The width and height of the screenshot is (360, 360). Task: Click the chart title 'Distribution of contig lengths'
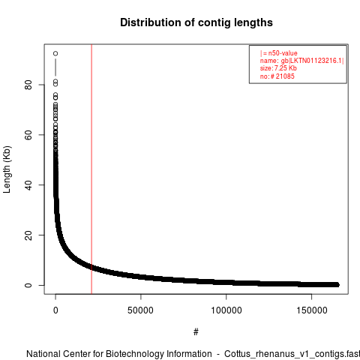[x=196, y=22]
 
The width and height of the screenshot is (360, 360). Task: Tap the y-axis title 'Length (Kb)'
[x=7, y=169]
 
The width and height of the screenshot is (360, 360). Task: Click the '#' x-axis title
[x=196, y=332]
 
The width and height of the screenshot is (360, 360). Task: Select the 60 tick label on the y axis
[x=28, y=135]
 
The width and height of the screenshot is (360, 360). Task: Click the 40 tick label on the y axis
[x=28, y=185]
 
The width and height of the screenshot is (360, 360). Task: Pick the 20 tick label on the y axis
[x=28, y=235]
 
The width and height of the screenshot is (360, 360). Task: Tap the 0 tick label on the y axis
[x=28, y=285]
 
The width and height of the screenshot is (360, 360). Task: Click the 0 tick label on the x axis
[x=55, y=310]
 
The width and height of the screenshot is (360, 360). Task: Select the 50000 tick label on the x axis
[x=140, y=310]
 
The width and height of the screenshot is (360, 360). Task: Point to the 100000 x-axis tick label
[x=226, y=310]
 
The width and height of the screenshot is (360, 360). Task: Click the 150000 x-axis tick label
[x=312, y=310]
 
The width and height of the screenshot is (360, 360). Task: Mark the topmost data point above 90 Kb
[x=55, y=53]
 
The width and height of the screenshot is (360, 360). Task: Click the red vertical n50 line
[x=91, y=169]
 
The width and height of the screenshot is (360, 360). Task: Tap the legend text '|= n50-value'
[x=279, y=53]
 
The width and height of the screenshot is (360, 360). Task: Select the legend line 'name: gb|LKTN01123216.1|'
[x=301, y=61]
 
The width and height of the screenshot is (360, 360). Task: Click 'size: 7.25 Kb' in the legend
[x=278, y=68]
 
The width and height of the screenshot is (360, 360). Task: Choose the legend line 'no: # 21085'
[x=277, y=76]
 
